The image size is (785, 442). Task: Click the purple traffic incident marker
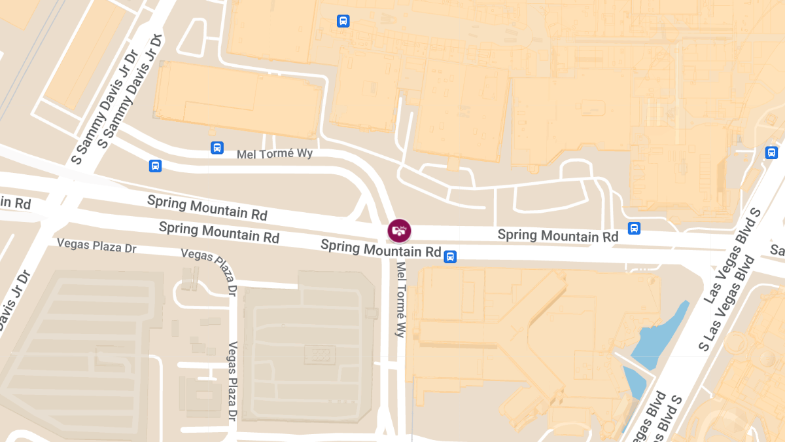[x=399, y=230]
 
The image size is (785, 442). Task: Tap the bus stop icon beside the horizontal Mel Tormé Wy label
[x=217, y=148]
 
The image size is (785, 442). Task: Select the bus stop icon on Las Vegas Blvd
[x=771, y=153]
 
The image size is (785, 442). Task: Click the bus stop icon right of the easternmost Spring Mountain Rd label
[x=634, y=229]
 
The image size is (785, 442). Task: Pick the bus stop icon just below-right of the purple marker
[x=450, y=256]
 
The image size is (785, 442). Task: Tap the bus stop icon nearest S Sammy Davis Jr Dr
[x=155, y=166]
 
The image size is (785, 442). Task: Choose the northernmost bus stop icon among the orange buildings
[x=343, y=21]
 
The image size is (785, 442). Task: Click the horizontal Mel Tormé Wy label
[x=275, y=154]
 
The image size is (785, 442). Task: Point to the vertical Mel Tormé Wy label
[x=400, y=299]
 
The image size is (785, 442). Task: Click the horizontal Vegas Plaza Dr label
[x=96, y=245]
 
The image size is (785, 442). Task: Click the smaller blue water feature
[x=633, y=383]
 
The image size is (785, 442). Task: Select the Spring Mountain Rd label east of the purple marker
[x=557, y=235]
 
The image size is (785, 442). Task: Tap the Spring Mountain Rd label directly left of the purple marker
[x=381, y=248]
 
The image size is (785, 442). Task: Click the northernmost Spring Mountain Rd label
[x=207, y=207]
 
